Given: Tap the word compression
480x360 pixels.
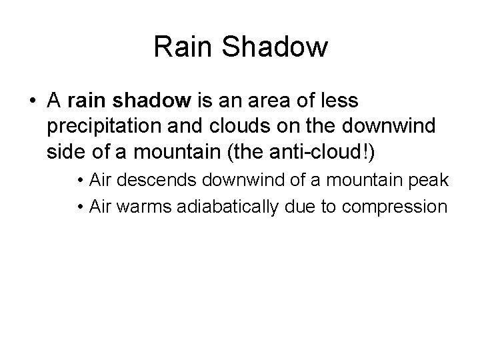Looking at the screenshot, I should click(x=394, y=207).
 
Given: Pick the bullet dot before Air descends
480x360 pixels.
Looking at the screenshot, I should click(x=79, y=181).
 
